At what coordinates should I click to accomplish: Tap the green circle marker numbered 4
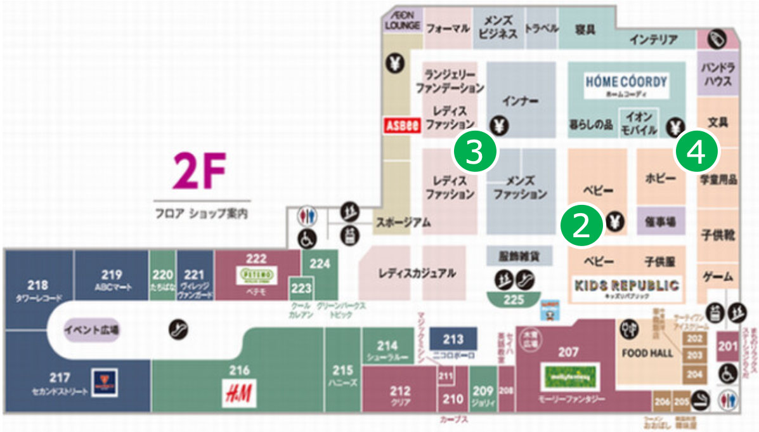point(696,153)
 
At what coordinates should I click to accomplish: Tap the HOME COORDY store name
point(626,82)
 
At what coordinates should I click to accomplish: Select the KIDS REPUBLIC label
point(626,285)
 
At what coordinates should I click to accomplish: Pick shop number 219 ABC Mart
point(111,279)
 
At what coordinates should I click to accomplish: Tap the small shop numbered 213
point(453,339)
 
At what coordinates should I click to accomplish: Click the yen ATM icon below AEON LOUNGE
point(395,63)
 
